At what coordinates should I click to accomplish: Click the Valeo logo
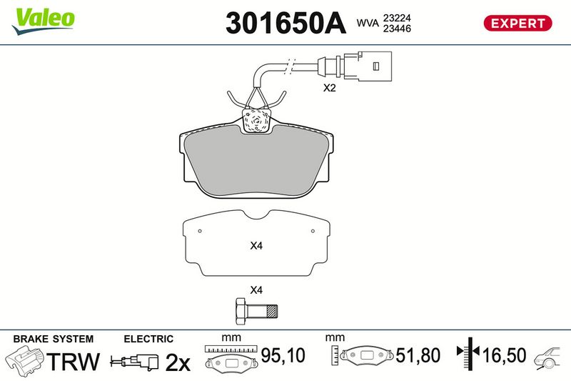(43, 21)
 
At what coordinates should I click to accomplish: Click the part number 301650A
(285, 23)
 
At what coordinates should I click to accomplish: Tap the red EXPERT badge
(517, 24)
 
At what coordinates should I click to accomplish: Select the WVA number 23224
(397, 17)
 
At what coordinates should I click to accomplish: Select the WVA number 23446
(397, 29)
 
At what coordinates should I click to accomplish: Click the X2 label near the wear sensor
(329, 88)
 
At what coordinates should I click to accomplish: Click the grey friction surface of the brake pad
(257, 160)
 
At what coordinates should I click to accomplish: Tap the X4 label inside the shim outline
(256, 246)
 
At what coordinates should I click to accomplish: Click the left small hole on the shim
(200, 231)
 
